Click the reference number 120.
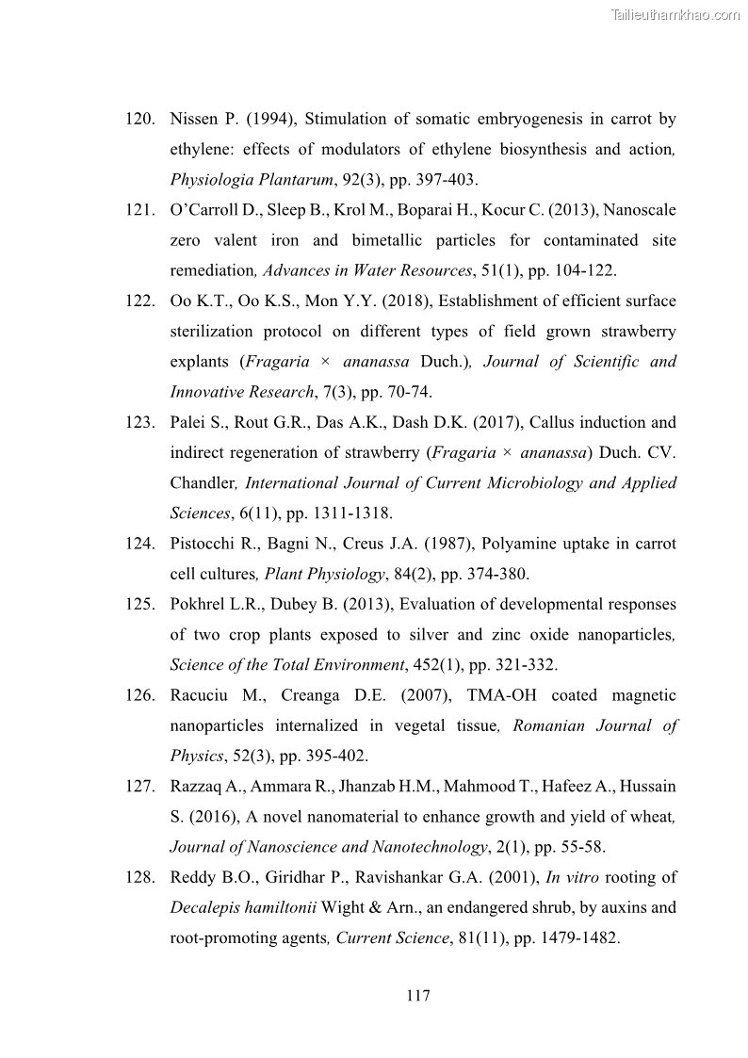point(139,120)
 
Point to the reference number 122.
point(139,301)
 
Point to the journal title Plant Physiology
point(324,574)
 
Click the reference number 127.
point(139,786)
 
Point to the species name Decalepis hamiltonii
point(247,907)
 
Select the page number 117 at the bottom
point(419,995)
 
